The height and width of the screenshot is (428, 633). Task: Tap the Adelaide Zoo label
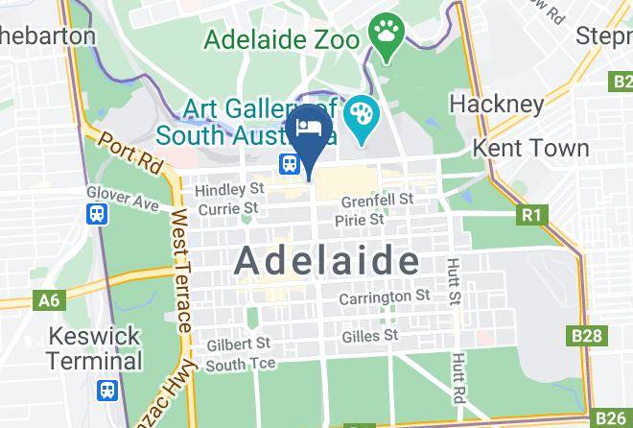[281, 41]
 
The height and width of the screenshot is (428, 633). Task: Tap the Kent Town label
[531, 148]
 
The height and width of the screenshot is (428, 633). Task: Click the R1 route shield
[530, 216]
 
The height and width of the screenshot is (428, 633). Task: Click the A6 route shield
[48, 301]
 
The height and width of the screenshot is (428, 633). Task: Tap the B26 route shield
[610, 417]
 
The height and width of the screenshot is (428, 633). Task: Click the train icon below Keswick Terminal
[105, 391]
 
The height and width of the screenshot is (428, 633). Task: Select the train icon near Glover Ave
[97, 214]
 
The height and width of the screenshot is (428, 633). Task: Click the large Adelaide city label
[327, 260]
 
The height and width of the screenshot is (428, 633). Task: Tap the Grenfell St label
[378, 200]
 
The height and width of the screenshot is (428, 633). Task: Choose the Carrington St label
[384, 298]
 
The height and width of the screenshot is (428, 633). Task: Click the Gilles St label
[369, 336]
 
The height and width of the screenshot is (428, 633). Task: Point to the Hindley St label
[228, 189]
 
